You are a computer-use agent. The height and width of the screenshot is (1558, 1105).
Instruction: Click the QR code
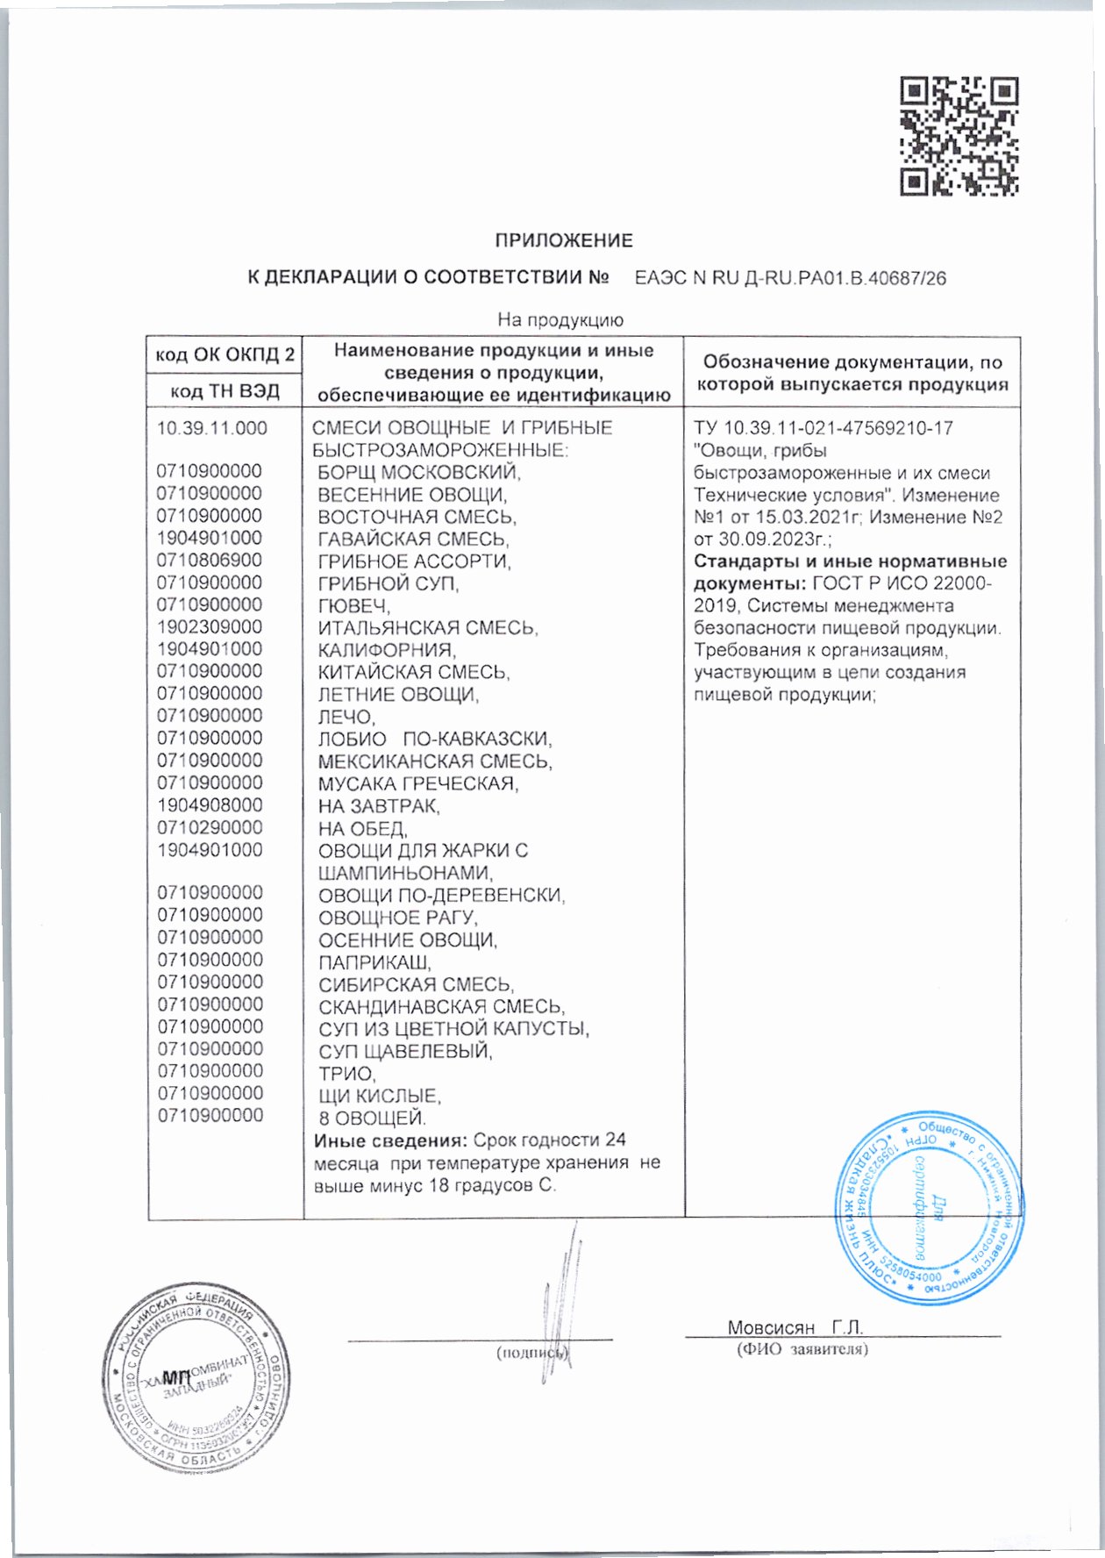coord(959,136)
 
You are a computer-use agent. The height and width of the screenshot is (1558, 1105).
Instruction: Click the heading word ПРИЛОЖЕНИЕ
coord(563,240)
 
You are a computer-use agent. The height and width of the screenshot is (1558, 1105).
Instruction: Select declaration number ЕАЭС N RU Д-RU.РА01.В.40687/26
coord(789,279)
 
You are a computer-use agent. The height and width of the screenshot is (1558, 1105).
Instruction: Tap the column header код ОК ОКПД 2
coord(225,355)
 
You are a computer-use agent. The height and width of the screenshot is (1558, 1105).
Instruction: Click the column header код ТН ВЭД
coord(225,391)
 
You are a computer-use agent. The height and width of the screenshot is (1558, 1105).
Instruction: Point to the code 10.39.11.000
coord(211,429)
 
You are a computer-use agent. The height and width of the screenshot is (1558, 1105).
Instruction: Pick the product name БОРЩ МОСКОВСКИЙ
coord(418,473)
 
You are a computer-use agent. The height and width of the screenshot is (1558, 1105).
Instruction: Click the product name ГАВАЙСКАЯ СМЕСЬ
coord(413,540)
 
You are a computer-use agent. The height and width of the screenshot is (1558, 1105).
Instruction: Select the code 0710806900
coord(209,561)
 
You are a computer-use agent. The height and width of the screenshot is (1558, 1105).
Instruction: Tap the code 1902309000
coord(209,627)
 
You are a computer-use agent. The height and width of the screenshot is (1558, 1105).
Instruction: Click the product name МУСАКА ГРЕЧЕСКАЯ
coord(417,783)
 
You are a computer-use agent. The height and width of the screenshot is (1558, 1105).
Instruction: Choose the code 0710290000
coord(210,827)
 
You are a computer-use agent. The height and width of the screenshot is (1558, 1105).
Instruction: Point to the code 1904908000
coord(210,805)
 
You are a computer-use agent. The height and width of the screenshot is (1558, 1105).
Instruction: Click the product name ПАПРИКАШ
coord(374,962)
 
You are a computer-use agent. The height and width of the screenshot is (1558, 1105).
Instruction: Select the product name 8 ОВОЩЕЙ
coord(372,1118)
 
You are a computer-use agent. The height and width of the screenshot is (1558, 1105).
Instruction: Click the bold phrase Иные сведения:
coord(390,1140)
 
